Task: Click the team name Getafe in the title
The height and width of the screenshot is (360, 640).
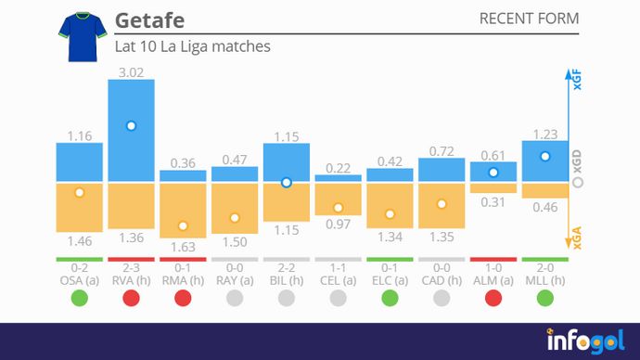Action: point(147,20)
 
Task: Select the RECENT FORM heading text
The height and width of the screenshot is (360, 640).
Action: point(529,19)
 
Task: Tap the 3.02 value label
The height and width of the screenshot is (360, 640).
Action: point(131,71)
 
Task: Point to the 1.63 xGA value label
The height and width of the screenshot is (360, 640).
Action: point(183,248)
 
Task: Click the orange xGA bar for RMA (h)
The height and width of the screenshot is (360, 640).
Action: point(183,210)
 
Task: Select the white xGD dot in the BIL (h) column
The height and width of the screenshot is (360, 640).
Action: point(287,183)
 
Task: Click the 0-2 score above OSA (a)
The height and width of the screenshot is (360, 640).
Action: point(79,268)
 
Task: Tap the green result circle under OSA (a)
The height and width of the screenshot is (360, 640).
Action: point(79,299)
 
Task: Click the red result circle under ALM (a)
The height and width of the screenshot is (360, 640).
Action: point(493,299)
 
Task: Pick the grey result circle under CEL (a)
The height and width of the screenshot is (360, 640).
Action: point(339,299)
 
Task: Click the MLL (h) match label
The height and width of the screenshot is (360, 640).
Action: point(545,281)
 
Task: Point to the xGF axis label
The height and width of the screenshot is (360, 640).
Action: point(577,81)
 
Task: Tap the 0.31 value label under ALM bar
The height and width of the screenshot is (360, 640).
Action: point(493,202)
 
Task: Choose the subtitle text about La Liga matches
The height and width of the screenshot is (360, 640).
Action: point(192,45)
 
